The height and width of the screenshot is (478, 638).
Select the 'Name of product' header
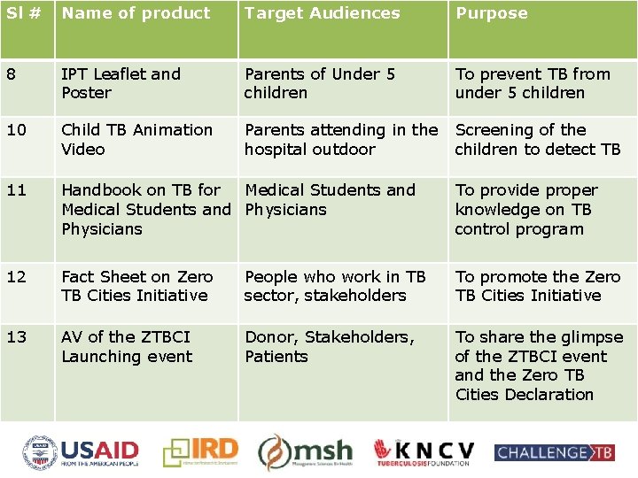[136, 13]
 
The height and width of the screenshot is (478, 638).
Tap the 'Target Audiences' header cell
[322, 13]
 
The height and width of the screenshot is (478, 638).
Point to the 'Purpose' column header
[491, 13]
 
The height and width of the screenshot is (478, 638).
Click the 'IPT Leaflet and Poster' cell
[121, 83]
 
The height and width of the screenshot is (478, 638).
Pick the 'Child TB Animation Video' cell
[136, 140]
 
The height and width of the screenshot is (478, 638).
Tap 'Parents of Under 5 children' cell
[319, 83]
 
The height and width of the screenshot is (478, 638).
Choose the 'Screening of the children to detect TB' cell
[537, 140]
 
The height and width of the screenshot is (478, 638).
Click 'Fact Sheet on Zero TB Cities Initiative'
[136, 286]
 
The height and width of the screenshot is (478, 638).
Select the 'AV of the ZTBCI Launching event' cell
[126, 347]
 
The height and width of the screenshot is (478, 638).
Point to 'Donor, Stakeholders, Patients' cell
[329, 347]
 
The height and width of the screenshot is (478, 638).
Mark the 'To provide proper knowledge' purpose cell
[525, 210]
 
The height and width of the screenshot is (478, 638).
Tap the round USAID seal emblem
[41, 452]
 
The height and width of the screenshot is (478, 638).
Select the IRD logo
[202, 452]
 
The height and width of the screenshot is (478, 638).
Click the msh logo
[306, 452]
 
